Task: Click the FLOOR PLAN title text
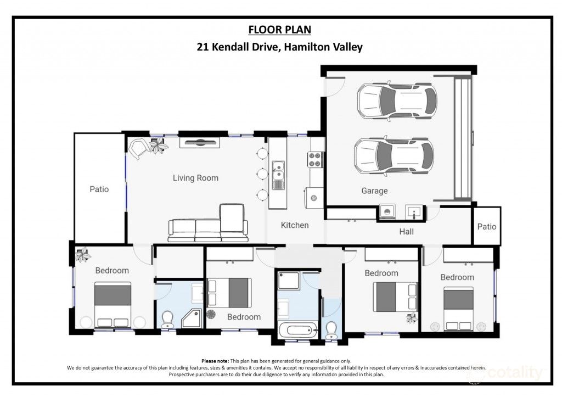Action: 280,29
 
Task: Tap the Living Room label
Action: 195,178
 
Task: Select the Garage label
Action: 374,191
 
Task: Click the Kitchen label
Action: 295,225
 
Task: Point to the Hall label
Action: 407,232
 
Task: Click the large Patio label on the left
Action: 99,189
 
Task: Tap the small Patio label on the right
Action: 486,226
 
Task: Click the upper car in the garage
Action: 397,100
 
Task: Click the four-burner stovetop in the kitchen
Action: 316,159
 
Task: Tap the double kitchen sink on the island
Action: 278,175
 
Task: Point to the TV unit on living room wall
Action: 201,143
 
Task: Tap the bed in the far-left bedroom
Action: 113,305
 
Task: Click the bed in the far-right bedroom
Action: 458,309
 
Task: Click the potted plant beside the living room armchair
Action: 158,146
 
